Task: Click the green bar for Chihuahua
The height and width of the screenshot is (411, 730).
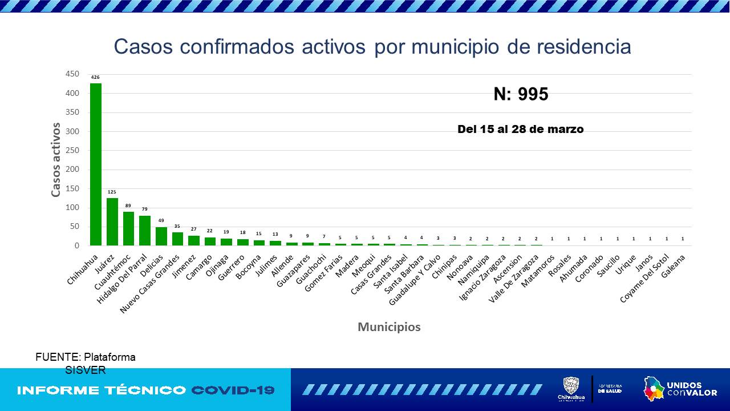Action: point(96,164)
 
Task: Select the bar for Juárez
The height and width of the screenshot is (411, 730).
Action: point(112,221)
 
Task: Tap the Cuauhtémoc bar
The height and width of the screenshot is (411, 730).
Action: point(128,228)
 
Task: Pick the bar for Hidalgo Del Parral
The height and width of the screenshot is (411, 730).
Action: point(145,231)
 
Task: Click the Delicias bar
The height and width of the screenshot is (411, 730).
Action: point(161,236)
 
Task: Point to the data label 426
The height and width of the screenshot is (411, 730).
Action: point(96,77)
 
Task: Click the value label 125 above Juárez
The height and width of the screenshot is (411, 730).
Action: point(112,192)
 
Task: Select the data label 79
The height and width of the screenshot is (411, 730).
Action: point(145,209)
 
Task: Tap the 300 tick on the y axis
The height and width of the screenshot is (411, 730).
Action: point(72,131)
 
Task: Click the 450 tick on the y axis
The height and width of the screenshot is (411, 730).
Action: point(72,74)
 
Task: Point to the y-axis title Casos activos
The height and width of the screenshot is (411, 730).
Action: point(56,160)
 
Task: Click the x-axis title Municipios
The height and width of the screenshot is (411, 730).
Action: point(389,327)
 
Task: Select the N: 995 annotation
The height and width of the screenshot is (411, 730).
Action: point(521,94)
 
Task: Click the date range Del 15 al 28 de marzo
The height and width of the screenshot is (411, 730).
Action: point(520,130)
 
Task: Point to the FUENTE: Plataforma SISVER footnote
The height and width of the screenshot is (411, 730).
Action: point(86,364)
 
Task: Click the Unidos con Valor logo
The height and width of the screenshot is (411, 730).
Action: point(680,389)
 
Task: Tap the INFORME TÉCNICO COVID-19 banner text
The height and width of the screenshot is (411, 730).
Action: point(146,390)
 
